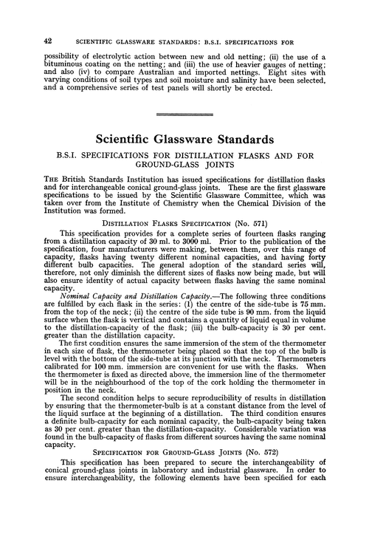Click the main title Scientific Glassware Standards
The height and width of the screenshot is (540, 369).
[184, 137]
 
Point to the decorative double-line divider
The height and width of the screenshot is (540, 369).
[184, 114]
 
